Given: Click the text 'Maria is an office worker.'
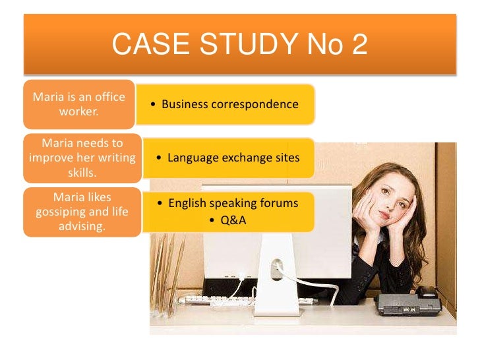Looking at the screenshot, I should pyautogui.click(x=79, y=104).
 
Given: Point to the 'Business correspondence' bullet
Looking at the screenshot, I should pyautogui.click(x=224, y=104).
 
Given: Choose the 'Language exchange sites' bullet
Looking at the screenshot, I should pyautogui.click(x=228, y=158).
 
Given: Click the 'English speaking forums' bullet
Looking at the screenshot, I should pyautogui.click(x=227, y=203).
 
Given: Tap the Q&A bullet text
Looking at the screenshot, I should pyautogui.click(x=227, y=220).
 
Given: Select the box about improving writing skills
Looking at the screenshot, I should pyautogui.click(x=82, y=158).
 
